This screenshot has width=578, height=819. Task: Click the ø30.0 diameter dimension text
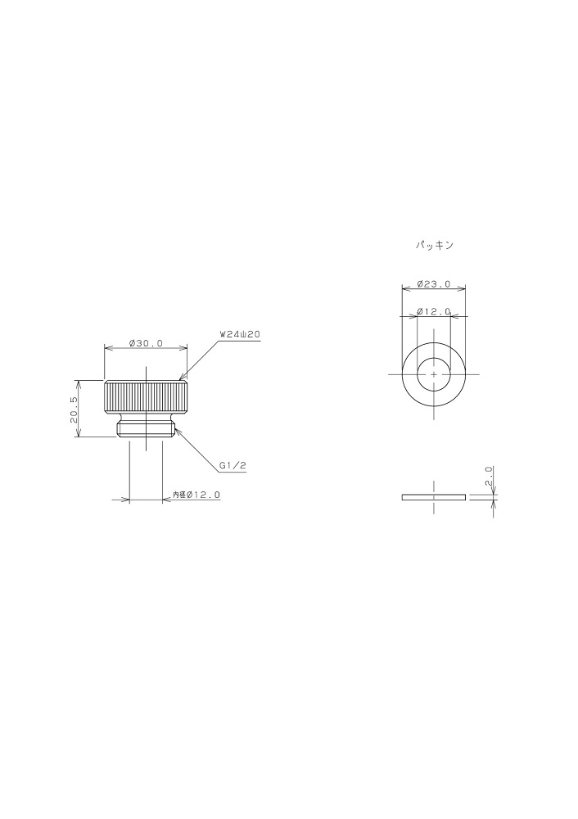point(146,343)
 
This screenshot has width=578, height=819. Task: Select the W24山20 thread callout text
point(240,335)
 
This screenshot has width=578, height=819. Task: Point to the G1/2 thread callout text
point(233,465)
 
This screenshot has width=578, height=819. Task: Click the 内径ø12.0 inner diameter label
point(196,494)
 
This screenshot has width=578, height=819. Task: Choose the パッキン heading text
point(435,245)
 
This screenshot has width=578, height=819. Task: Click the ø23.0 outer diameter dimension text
point(433,284)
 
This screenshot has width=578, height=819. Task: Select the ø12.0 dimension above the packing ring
point(433,312)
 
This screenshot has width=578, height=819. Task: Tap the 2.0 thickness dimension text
point(489,477)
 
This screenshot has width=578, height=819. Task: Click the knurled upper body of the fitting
point(146,397)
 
